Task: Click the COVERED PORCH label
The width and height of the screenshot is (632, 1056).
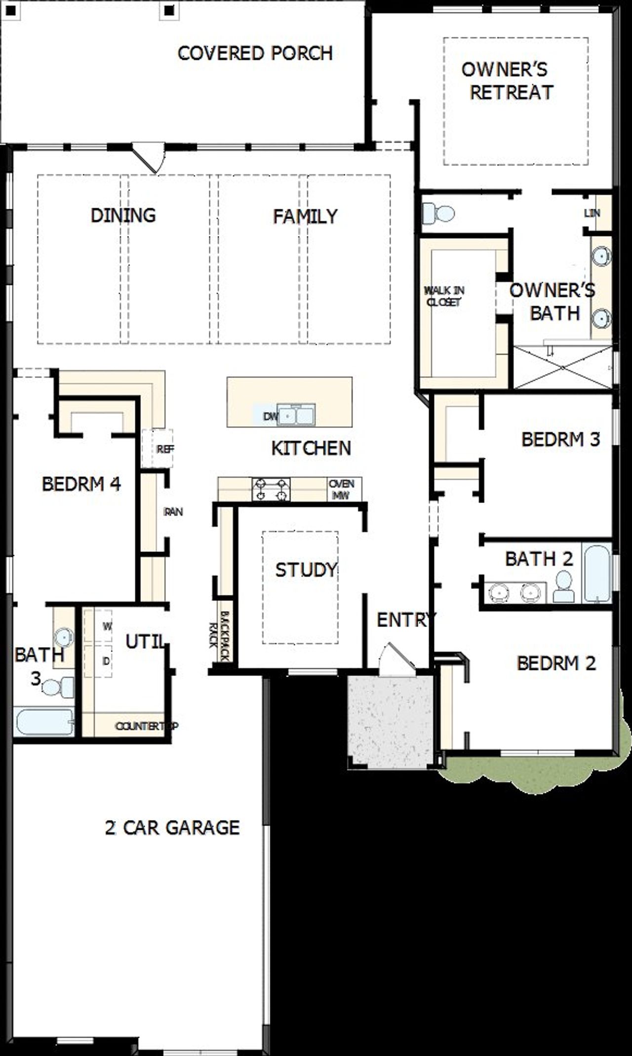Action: click(255, 53)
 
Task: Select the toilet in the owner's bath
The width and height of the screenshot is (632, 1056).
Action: click(438, 214)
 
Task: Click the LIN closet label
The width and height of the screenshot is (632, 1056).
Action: click(592, 213)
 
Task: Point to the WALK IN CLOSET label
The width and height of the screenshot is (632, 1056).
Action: click(444, 296)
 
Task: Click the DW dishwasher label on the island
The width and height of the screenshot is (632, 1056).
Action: click(270, 416)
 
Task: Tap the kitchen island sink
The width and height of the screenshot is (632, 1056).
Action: click(296, 415)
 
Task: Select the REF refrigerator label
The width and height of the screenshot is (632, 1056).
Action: click(165, 449)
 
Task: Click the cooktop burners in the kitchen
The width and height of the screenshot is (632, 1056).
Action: click(271, 489)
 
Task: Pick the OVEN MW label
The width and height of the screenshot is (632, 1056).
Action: click(342, 489)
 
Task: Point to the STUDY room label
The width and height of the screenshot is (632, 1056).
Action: click(306, 570)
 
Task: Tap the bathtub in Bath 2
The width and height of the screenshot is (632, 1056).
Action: click(596, 573)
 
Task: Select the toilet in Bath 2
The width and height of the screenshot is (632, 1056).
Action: click(564, 587)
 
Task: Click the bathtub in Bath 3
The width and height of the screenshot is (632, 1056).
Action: click(44, 722)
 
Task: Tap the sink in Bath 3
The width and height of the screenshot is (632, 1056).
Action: click(64, 637)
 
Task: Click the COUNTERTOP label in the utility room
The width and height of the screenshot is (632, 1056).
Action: click(146, 726)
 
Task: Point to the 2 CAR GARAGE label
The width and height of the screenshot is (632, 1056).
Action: click(172, 827)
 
